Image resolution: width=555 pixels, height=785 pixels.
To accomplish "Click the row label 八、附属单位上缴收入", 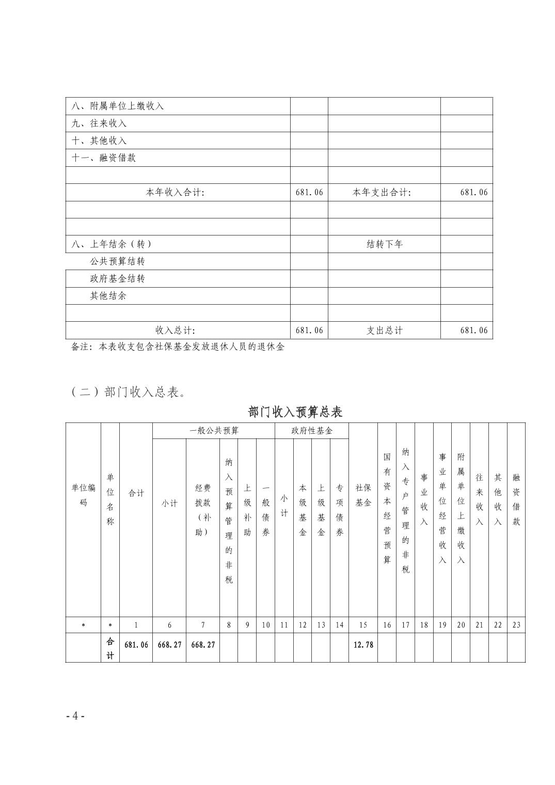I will pyautogui.click(x=118, y=106).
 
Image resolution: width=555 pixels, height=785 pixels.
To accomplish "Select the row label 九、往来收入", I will pyautogui.click(x=99, y=123).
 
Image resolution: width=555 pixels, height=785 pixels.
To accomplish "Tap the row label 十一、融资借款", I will pyautogui.click(x=104, y=158).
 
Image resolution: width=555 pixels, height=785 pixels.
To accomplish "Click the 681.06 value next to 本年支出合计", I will pyautogui.click(x=473, y=192).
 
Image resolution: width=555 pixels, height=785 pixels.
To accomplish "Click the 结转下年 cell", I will pyautogui.click(x=384, y=244).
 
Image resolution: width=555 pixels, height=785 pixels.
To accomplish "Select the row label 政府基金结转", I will pyautogui.click(x=117, y=279).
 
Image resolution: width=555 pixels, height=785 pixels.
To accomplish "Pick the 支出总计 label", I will pyautogui.click(x=384, y=331).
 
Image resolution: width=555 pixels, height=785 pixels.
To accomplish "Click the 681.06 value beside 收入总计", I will pyautogui.click(x=309, y=331).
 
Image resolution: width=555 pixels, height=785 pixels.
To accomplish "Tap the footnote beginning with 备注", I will pyautogui.click(x=178, y=347).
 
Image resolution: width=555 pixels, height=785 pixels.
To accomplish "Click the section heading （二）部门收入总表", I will pyautogui.click(x=129, y=392).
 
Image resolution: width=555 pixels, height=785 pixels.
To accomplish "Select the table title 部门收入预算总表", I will pyautogui.click(x=295, y=412).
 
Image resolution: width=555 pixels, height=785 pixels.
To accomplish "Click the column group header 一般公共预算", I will pyautogui.click(x=214, y=431).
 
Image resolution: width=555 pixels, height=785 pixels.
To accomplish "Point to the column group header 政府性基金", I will pyautogui.click(x=312, y=431).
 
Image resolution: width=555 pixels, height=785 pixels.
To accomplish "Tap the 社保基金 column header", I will pyautogui.click(x=363, y=495).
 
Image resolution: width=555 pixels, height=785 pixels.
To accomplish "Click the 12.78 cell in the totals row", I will pyautogui.click(x=363, y=645).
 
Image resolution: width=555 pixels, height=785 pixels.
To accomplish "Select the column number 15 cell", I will pyautogui.click(x=363, y=625).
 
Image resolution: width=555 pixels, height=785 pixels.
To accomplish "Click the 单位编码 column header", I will pyautogui.click(x=83, y=495).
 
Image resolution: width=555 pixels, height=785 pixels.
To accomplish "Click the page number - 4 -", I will pyautogui.click(x=75, y=716).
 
